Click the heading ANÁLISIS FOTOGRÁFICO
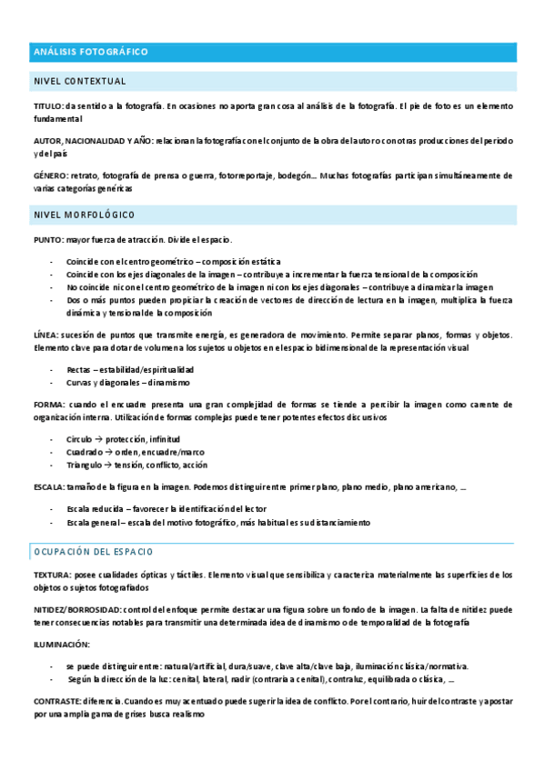coord(90,52)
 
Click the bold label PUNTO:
coord(48,239)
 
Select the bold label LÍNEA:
coord(46,335)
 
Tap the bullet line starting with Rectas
coord(130,370)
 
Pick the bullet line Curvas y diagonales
coord(128,383)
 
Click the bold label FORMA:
coord(48,404)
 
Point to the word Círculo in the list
coord(79,439)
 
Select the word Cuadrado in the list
coord(84,452)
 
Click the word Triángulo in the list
coord(85,465)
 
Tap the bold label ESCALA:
coord(49,487)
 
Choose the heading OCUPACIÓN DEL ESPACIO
coord(94,552)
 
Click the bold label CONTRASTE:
coord(57,702)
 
